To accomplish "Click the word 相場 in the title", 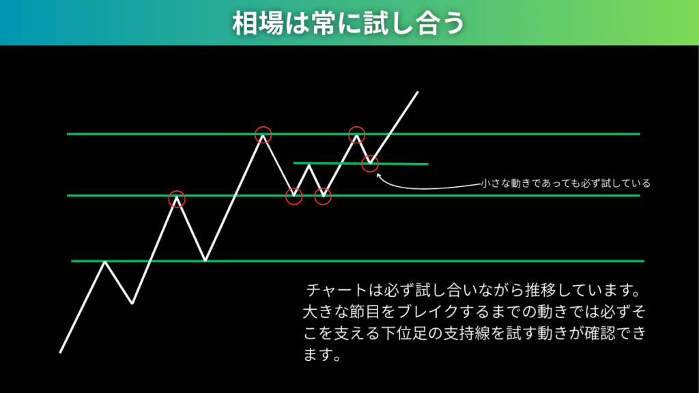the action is (x=257, y=23).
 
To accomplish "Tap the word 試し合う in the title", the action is (x=414, y=23).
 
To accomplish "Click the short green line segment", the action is (x=360, y=164).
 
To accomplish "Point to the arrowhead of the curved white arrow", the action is (x=378, y=175).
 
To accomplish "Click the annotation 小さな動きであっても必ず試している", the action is (x=565, y=183).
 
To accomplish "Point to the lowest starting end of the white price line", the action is (x=60, y=353).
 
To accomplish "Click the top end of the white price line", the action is (x=418, y=92).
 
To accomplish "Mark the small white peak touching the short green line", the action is (x=309, y=165).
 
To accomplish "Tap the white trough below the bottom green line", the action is (x=132, y=303).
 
